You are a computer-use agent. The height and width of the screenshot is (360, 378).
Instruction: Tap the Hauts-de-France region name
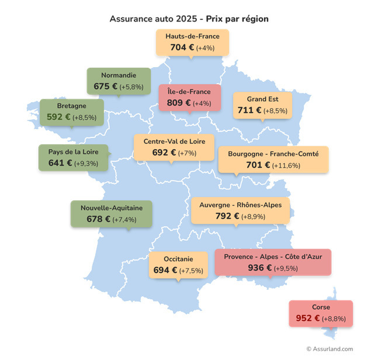[x=192, y=36]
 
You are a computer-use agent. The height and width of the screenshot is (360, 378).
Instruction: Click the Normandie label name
[x=119, y=75]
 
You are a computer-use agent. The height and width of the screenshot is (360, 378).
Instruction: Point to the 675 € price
[x=106, y=86]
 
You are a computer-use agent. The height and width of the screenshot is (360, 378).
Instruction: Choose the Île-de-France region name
[x=189, y=92]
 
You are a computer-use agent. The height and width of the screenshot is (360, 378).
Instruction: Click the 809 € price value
[x=179, y=103]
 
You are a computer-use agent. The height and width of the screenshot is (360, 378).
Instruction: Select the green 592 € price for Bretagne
[x=58, y=117]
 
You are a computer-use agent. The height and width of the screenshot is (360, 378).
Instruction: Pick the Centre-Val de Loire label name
[x=174, y=141]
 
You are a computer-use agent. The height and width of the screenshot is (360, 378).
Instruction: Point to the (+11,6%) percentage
[x=286, y=165]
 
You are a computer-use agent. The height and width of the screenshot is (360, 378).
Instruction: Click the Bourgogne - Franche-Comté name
[x=273, y=154]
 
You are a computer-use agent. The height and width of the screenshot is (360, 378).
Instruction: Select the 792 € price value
[x=228, y=217]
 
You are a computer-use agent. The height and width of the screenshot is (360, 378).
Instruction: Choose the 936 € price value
[x=259, y=268]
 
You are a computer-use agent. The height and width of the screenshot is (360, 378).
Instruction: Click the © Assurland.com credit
[x=330, y=349]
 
